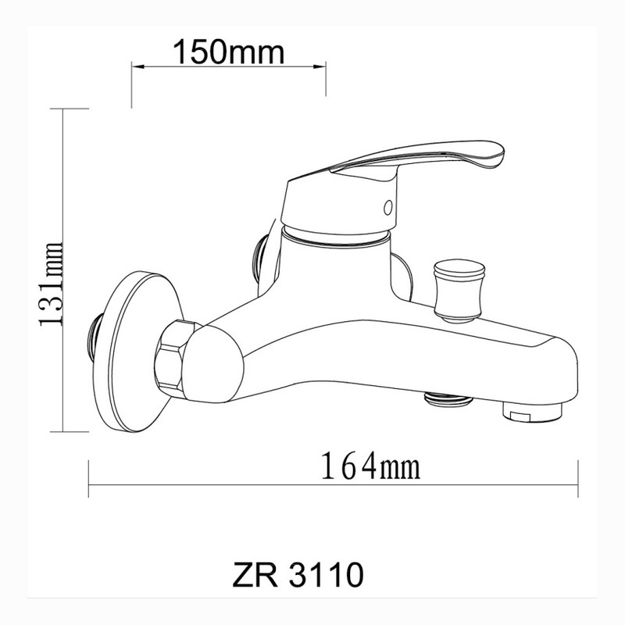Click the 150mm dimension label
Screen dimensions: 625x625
228,52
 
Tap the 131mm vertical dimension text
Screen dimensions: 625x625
51,284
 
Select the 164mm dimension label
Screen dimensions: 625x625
370,466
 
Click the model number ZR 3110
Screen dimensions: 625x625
298,574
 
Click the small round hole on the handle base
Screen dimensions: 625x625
387,208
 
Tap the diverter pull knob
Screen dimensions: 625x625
459,290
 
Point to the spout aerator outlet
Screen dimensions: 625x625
533,412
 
